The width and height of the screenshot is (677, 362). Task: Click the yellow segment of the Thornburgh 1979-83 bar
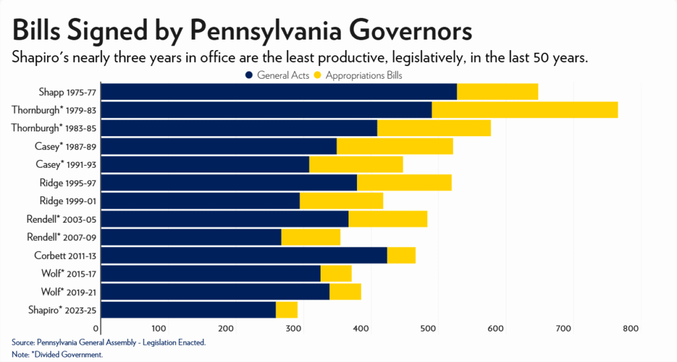pyautogui.click(x=524, y=110)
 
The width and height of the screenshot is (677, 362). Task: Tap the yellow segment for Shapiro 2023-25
pyautogui.click(x=286, y=309)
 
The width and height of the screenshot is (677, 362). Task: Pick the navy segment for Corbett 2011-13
pyautogui.click(x=244, y=255)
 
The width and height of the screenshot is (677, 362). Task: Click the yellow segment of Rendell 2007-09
pyautogui.click(x=310, y=236)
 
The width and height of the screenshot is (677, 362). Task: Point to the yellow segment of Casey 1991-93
pyautogui.click(x=356, y=164)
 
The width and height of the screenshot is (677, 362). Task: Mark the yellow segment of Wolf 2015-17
pyautogui.click(x=335, y=273)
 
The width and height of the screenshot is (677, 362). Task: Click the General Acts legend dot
pyautogui.click(x=249, y=75)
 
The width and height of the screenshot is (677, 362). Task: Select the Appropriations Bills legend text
pyautogui.click(x=364, y=75)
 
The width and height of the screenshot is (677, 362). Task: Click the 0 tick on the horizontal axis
pyautogui.click(x=97, y=328)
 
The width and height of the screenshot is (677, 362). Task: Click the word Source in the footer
pyautogui.click(x=22, y=342)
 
